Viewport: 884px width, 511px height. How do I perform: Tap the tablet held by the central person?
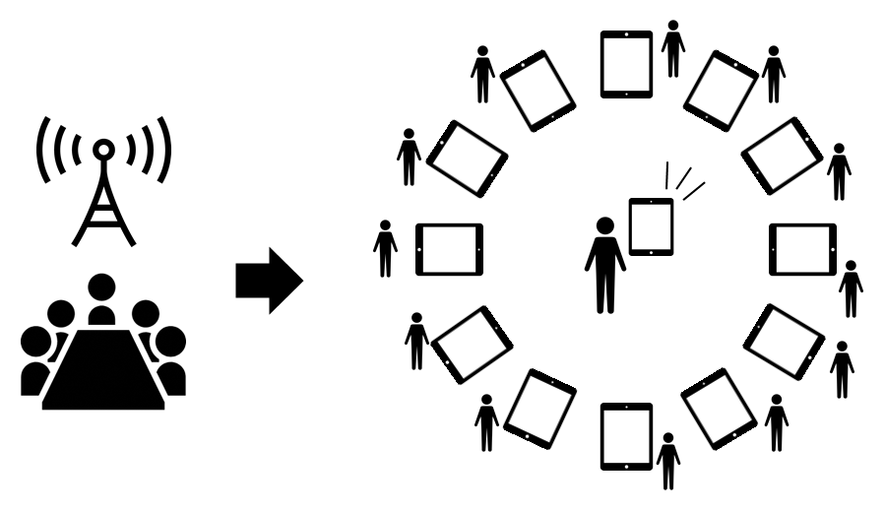click(651, 226)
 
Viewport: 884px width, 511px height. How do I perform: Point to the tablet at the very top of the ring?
click(626, 63)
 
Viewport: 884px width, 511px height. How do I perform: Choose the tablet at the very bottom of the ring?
click(626, 435)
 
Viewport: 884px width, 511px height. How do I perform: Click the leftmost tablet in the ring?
click(449, 249)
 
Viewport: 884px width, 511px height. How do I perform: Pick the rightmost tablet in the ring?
click(802, 249)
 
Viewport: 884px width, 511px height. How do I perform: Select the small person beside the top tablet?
click(673, 48)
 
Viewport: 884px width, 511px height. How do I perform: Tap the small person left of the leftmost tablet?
click(385, 248)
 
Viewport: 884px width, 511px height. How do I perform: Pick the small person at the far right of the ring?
click(851, 288)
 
